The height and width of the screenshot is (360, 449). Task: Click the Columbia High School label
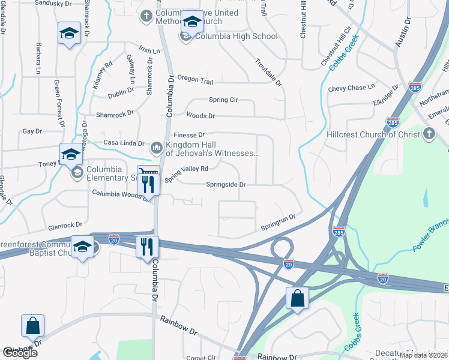(236, 36)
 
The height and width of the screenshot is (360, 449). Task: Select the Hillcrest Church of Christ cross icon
(429, 134)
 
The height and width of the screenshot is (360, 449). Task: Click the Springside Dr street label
(226, 185)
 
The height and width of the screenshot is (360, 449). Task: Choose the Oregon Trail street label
(195, 80)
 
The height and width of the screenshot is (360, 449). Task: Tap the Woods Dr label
(200, 115)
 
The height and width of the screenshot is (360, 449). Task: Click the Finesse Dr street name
(189, 135)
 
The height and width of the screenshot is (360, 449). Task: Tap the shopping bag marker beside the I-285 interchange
(298, 298)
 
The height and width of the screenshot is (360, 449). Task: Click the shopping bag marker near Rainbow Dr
(32, 326)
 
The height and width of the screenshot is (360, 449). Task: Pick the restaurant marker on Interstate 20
(147, 246)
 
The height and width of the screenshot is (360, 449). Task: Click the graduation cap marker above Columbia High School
(192, 23)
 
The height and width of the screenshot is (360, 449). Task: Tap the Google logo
(19, 353)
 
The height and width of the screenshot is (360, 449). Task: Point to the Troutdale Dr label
(268, 72)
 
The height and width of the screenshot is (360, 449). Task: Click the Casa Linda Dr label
(124, 143)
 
